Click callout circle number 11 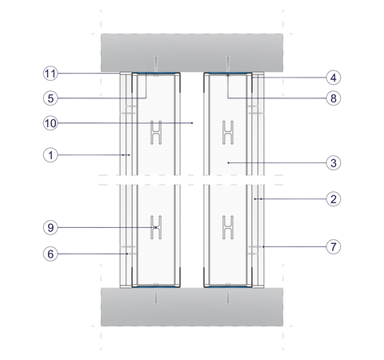[50, 74]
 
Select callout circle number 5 [50, 98]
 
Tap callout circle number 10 [50, 123]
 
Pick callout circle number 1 [50, 154]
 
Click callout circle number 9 [50, 227]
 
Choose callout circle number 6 [50, 254]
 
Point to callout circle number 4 [334, 78]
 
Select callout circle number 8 [334, 98]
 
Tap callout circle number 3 [334, 162]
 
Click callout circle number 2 [334, 199]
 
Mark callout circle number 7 [334, 246]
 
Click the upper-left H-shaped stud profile [156, 133]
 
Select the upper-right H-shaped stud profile [228, 133]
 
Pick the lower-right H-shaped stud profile [228, 227]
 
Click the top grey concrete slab [192, 53]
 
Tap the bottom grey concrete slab [192, 306]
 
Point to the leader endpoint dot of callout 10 [192, 123]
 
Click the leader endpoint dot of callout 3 [228, 162]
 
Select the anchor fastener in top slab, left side [156, 64]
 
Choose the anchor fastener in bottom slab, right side [228, 296]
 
